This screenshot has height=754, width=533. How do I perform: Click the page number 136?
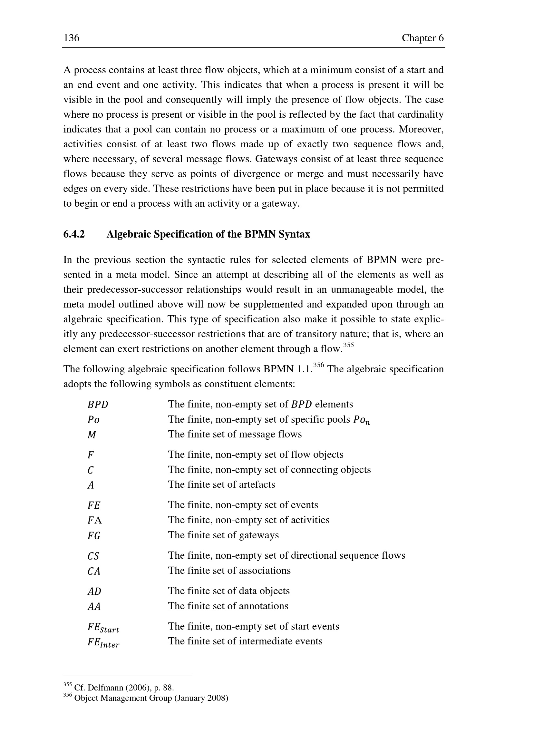(72, 38)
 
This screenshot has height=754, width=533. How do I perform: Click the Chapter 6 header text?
(422, 38)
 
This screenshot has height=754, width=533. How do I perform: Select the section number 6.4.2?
(74, 234)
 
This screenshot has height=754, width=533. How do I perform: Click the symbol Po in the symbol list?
(93, 420)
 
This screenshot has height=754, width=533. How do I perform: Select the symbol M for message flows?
(92, 435)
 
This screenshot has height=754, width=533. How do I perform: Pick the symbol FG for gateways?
(94, 536)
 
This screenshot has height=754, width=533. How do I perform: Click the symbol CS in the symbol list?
(93, 556)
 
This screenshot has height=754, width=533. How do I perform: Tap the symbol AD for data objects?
(94, 592)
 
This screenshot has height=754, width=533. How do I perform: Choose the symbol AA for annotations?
(94, 607)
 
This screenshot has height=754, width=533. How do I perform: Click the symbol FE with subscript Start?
(103, 628)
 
